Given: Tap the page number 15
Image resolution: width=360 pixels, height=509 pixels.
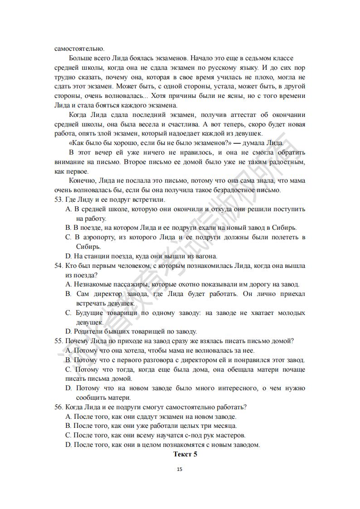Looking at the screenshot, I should (x=180, y=470).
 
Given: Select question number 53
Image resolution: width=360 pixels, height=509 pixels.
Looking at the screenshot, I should (x=58, y=199).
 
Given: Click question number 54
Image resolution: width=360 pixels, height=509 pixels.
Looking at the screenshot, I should (x=58, y=265).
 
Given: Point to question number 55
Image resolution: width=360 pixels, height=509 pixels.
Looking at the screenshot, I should (x=58, y=341).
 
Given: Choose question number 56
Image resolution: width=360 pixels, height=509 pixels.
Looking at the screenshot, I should (x=58, y=407).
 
